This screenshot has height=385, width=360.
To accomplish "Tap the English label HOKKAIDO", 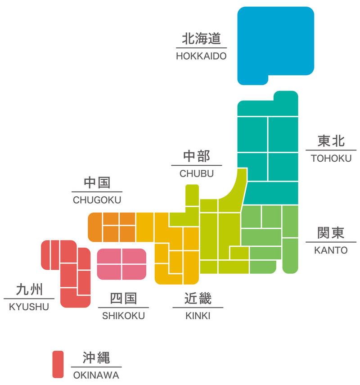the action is coord(201,56).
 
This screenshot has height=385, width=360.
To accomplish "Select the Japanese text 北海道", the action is coord(202,39).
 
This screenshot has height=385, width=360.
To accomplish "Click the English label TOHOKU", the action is coord(331,159).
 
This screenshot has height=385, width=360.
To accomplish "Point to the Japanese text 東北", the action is coord(331,141).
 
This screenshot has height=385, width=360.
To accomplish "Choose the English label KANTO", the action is coord(331,250).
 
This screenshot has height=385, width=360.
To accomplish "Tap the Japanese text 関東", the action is coord(331,233).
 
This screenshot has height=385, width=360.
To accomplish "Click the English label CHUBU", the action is coord(197,174).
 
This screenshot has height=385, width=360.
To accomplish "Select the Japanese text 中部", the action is coord(197,156).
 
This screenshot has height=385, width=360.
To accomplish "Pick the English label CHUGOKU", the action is coord(97,200).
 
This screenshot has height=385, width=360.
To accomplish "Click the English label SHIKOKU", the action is coord(123,316).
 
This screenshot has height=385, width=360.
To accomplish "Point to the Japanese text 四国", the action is coord(123,299).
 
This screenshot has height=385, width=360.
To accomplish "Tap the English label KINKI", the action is coord(198,316).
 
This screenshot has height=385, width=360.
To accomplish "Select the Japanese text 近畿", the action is coord(198,299).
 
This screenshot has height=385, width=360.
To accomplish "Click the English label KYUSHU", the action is coord(29,307).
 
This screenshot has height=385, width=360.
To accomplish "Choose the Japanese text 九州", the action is coord(29,289).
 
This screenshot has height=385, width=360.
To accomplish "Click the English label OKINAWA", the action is coord(96,375).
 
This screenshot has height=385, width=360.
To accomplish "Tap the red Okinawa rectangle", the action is coord(58,364).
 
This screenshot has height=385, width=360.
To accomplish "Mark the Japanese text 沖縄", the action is coord(96,358).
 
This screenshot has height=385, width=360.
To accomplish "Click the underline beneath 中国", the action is coord(97,192).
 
